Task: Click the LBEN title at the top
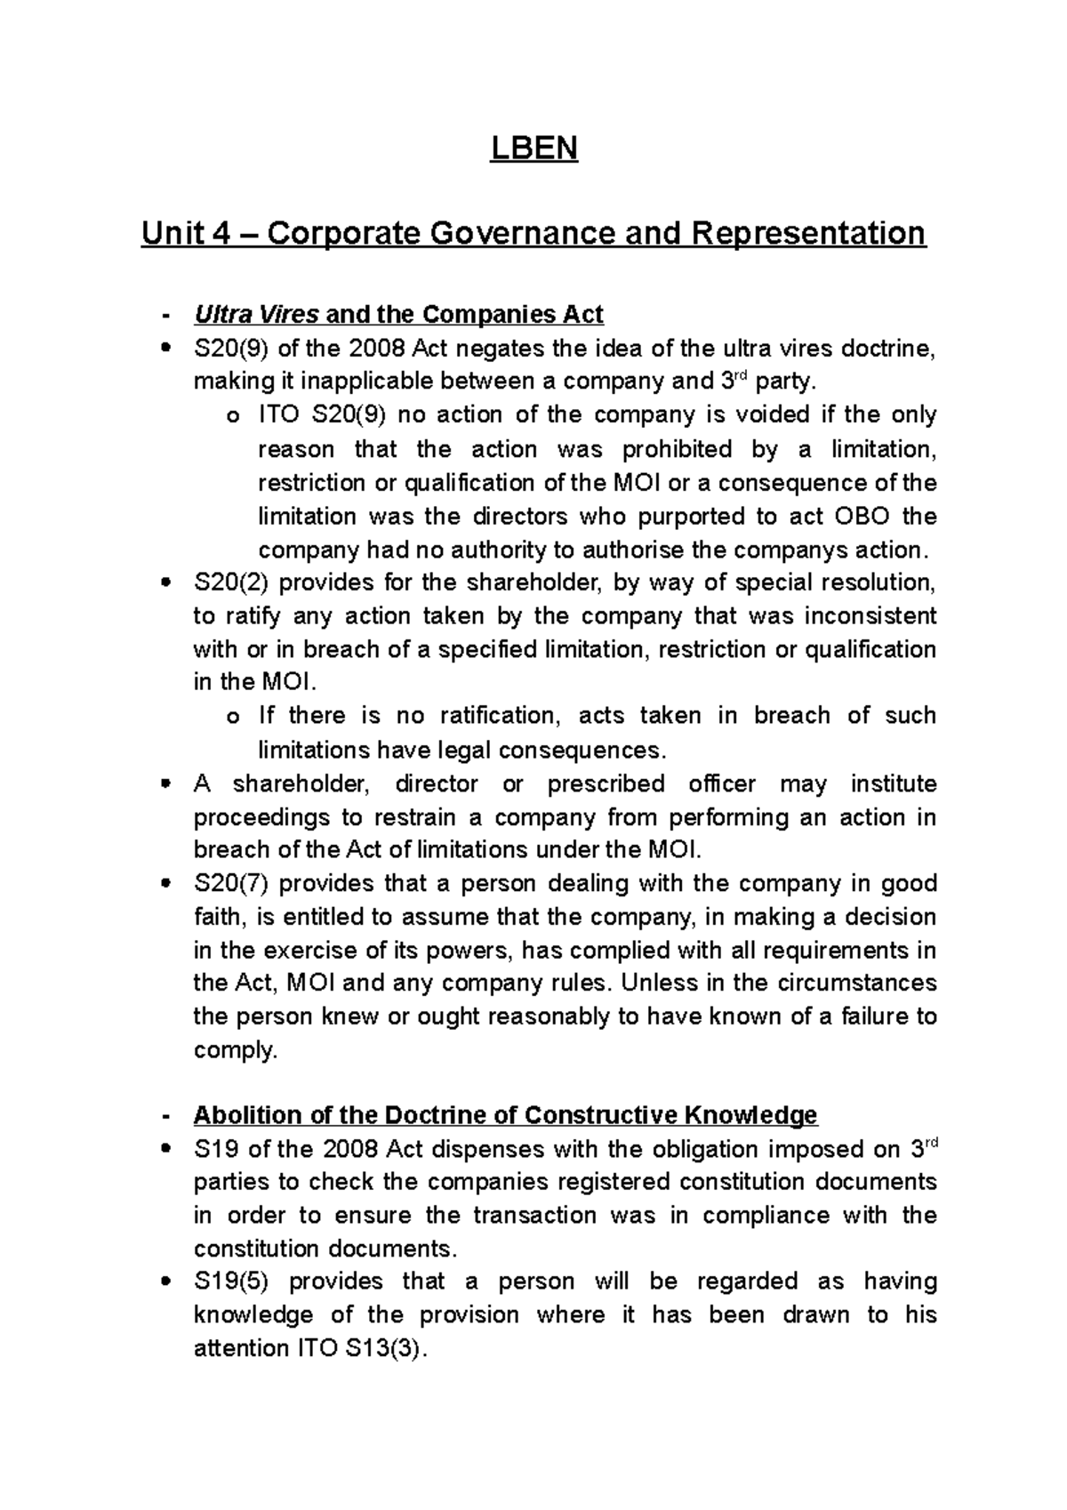(x=533, y=148)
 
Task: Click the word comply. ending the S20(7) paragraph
(x=236, y=1050)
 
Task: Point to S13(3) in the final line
(x=383, y=1349)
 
